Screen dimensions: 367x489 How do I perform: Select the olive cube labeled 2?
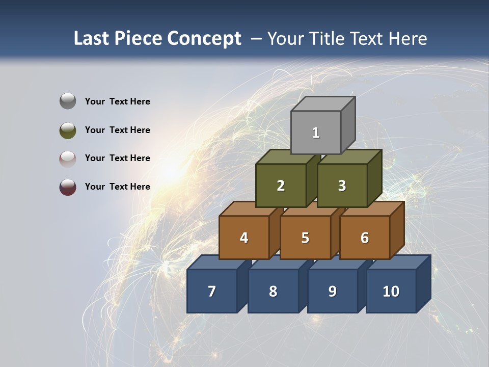[x=281, y=186]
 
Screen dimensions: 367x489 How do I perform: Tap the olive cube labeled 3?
[x=342, y=186]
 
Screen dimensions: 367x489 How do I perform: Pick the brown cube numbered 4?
[x=244, y=238]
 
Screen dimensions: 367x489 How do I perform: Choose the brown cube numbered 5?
[x=305, y=238]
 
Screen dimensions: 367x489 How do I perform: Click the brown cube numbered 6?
[x=365, y=238]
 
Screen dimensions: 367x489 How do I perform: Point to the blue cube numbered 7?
[x=212, y=291]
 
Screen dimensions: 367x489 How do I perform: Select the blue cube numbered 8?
[x=273, y=291]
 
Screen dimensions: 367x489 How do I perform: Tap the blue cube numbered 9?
[x=332, y=291]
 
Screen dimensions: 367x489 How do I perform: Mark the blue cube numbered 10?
[x=391, y=291]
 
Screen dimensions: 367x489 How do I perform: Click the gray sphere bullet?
[x=68, y=101]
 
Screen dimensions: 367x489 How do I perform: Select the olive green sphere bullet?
[x=68, y=130]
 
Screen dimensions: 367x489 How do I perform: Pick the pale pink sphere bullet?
[x=68, y=159]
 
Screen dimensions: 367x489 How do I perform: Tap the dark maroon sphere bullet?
[x=68, y=187]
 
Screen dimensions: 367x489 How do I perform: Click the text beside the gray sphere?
[x=118, y=101]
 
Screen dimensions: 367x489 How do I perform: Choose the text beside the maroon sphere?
[x=118, y=187]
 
